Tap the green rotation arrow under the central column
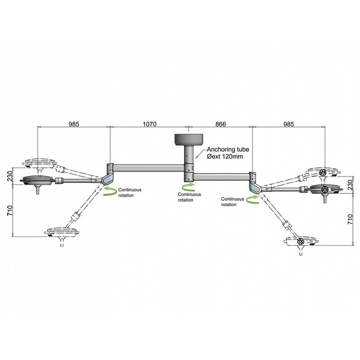click(189, 186)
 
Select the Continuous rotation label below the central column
click(189, 197)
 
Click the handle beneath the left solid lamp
click(38, 190)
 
